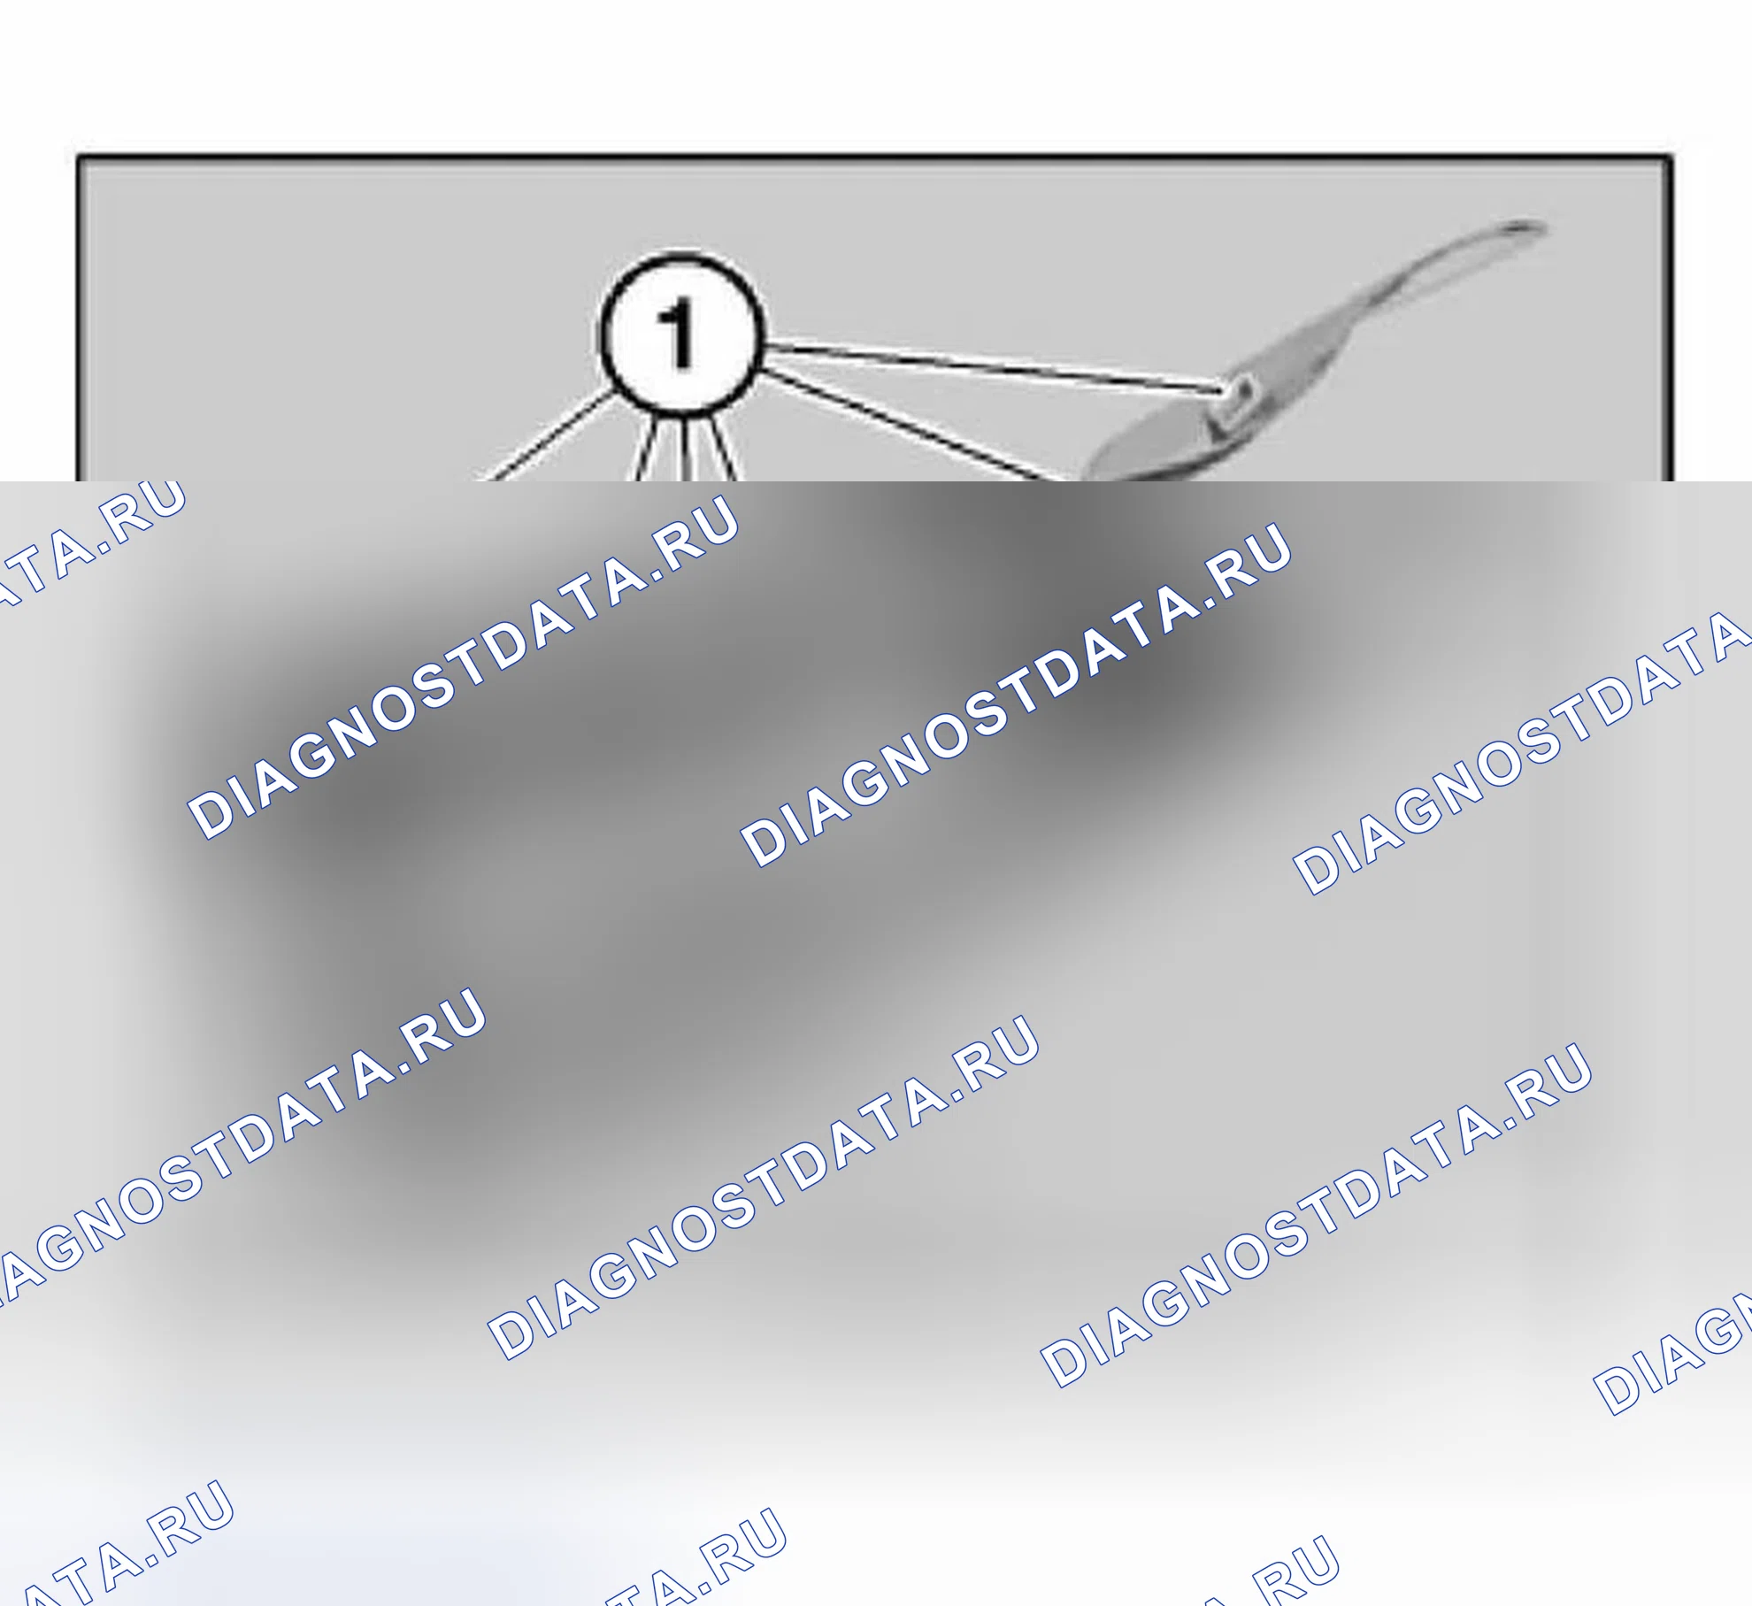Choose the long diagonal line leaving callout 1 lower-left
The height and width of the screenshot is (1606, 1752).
(545, 436)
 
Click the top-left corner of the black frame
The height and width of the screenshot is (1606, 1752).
(78, 158)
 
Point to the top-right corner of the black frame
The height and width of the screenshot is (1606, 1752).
(1671, 158)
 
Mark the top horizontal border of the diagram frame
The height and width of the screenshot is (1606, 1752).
(874, 158)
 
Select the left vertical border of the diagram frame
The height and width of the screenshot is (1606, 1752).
(78, 319)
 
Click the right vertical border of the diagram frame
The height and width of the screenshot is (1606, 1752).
(1671, 319)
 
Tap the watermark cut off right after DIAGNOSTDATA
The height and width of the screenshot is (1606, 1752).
(1522, 752)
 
